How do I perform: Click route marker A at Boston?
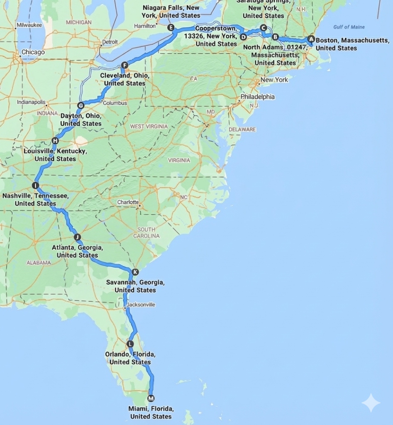pyautogui.click(x=311, y=39)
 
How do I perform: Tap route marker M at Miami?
pyautogui.click(x=151, y=398)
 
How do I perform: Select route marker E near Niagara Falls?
pyautogui.click(x=171, y=28)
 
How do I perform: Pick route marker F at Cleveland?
pyautogui.click(x=124, y=65)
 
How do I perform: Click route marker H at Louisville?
pyautogui.click(x=55, y=141)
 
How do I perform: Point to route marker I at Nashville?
pyautogui.click(x=35, y=186)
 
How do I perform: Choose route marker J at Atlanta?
pyautogui.click(x=77, y=237)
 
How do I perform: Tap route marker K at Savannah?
pyautogui.click(x=135, y=272)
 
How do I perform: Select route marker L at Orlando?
pyautogui.click(x=130, y=344)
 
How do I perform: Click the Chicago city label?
pyautogui.click(x=33, y=52)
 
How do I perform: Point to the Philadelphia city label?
pyautogui.click(x=258, y=97)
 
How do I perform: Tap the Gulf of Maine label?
pyautogui.click(x=349, y=27)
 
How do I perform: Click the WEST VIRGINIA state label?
pyautogui.click(x=149, y=126)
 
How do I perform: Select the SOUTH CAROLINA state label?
pyautogui.click(x=146, y=233)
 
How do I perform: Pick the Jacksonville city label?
pyautogui.click(x=141, y=305)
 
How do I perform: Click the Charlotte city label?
pyautogui.click(x=128, y=202)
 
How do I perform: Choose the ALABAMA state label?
pyautogui.click(x=39, y=263)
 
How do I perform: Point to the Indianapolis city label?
pyautogui.click(x=31, y=102)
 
